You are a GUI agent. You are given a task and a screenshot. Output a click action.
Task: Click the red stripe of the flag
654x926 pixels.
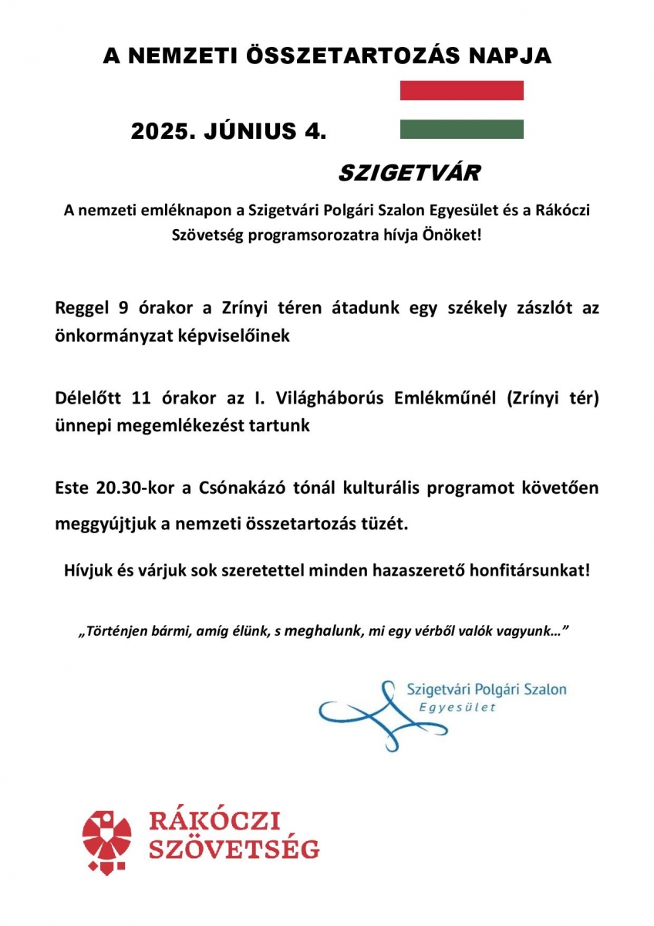(461, 90)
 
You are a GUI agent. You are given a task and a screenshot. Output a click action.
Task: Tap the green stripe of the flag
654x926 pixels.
(461, 129)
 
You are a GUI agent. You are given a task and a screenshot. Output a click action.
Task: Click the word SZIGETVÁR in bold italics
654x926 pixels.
(409, 173)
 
